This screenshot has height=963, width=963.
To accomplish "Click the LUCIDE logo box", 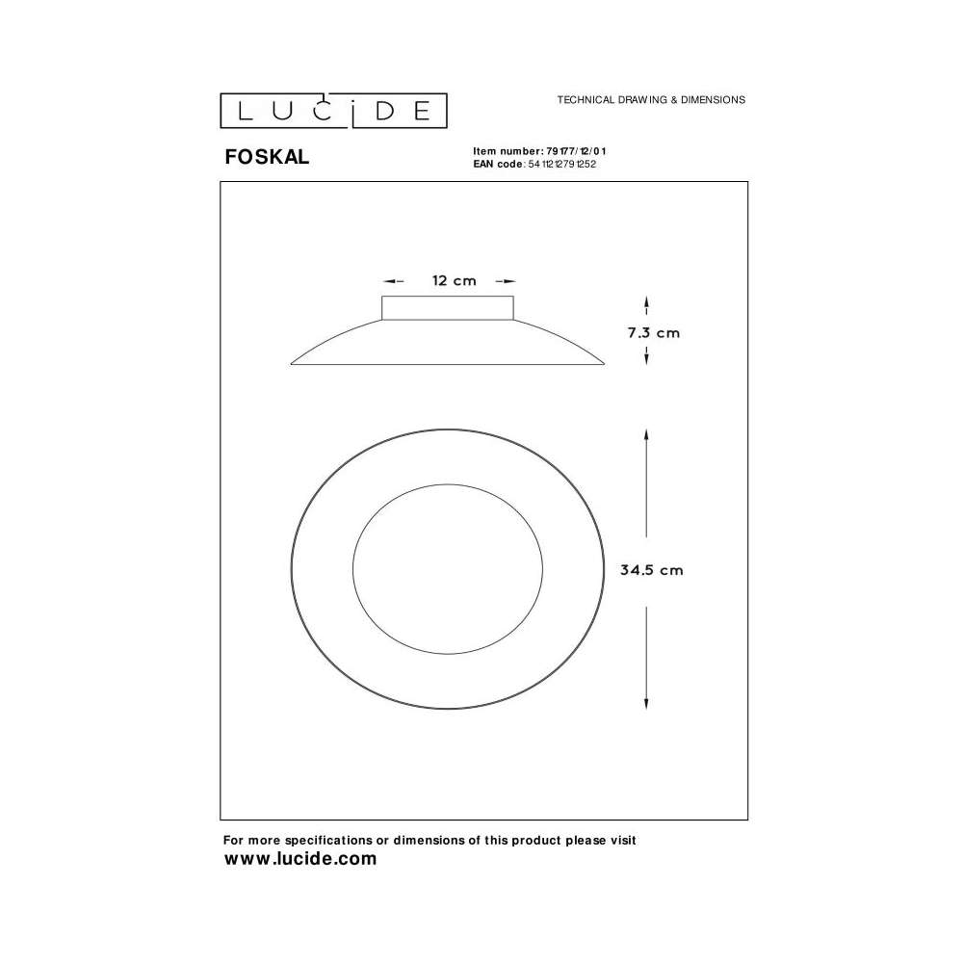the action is [333, 111].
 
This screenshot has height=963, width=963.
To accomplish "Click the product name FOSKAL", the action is [267, 157].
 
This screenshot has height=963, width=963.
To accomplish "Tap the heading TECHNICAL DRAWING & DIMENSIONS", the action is [651, 99].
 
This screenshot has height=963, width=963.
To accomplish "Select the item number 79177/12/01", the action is [576, 151].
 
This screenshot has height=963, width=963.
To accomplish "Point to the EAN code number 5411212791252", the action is [562, 164].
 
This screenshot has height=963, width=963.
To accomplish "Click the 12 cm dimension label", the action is [454, 280].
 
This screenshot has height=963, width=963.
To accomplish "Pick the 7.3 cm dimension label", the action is [654, 333].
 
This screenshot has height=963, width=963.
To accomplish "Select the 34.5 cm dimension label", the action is [651, 570].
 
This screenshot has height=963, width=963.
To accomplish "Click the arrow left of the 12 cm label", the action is [394, 281].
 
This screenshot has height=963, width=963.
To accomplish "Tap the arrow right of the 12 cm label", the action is [506, 281].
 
